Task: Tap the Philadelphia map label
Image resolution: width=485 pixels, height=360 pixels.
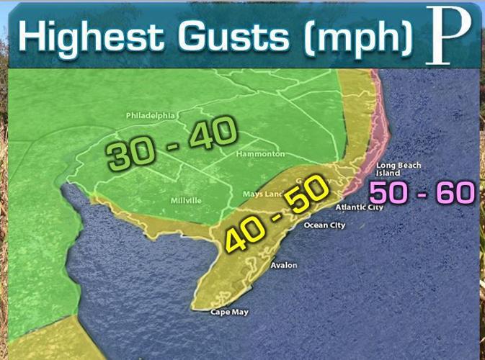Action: click(151, 115)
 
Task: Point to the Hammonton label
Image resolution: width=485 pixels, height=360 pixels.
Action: click(260, 154)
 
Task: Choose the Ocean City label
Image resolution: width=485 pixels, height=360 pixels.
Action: click(324, 225)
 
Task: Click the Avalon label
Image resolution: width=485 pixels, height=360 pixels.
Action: click(283, 265)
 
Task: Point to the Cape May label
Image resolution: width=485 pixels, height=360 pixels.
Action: click(228, 312)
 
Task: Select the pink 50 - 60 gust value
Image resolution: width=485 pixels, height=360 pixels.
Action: click(422, 193)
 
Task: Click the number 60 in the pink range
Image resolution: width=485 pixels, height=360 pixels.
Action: click(457, 193)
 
